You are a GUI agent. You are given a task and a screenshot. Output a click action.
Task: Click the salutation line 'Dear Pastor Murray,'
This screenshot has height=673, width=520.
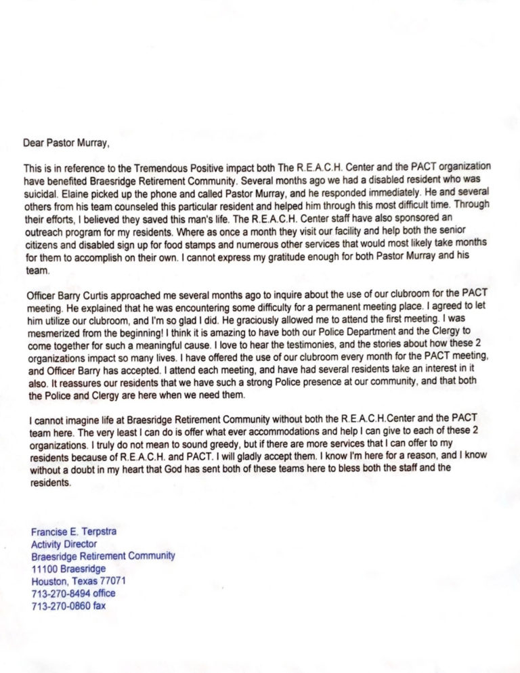(66, 143)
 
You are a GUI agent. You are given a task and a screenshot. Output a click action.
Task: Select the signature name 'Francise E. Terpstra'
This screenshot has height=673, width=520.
(74, 531)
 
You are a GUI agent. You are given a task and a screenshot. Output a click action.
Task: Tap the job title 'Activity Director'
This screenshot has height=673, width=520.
(64, 544)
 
